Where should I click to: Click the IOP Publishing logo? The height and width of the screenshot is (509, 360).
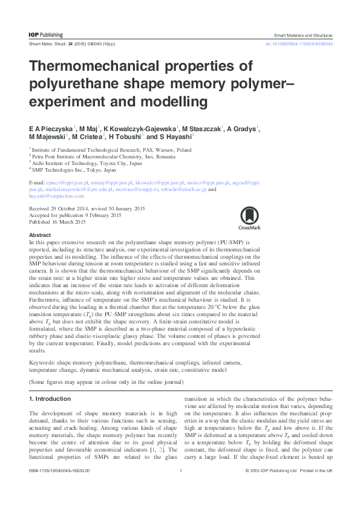(46, 35)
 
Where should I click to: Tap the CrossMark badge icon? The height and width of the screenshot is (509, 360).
(249, 217)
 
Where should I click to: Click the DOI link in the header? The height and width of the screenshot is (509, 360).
(300, 45)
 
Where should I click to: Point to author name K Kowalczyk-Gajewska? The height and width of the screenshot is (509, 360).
(140, 128)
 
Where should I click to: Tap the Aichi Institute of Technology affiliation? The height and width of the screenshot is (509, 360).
(88, 163)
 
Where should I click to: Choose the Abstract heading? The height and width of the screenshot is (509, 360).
(40, 235)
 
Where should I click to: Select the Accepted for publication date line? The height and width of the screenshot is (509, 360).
(75, 215)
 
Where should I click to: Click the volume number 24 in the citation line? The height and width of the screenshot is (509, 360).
(70, 45)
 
